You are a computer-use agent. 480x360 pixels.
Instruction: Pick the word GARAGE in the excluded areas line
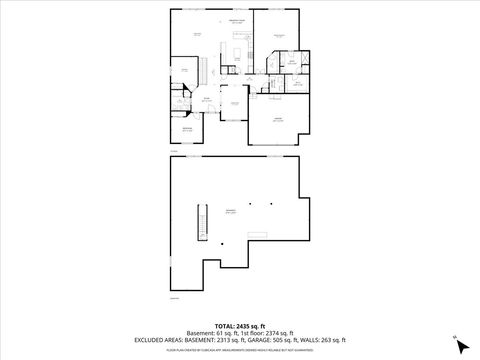[262, 340]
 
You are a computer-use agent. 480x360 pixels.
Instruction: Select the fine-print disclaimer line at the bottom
[240, 350]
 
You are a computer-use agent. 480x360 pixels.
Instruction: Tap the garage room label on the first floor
[279, 121]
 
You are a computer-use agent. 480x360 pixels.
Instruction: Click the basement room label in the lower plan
[231, 210]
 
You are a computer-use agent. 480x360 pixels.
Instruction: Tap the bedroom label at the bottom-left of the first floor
[187, 129]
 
